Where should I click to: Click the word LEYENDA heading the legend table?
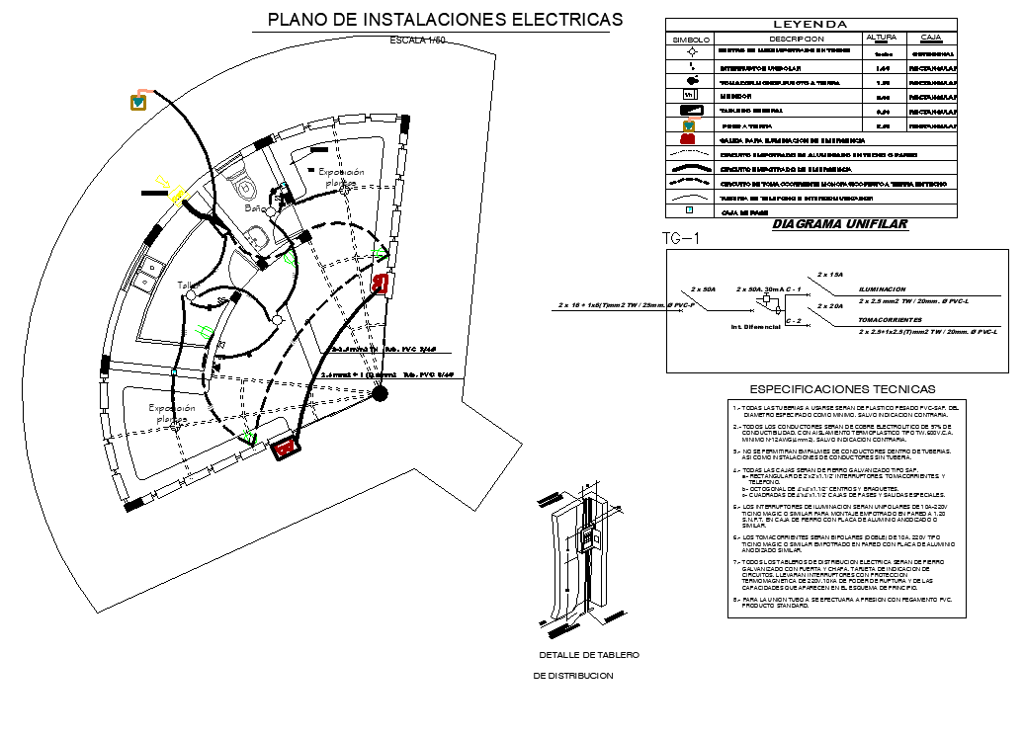810,24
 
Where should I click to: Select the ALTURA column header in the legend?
881,38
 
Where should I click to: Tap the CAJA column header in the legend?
930,38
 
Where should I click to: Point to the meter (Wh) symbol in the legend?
691,96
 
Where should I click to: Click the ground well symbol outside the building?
138,101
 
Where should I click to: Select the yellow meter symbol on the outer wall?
178,193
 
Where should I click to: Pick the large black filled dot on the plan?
380,394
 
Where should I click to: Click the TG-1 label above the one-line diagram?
680,238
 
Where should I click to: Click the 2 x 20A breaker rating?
830,306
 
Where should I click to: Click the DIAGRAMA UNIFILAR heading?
839,224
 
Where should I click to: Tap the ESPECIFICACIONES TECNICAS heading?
842,389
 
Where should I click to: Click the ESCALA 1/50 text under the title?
418,41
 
